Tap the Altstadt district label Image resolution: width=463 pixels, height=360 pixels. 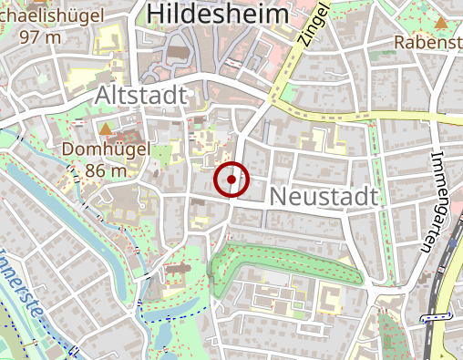[x=141, y=96]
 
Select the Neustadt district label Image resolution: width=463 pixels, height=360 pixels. [x=324, y=195]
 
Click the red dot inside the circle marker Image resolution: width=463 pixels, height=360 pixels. [x=232, y=180]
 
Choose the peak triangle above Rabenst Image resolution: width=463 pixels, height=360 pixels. [x=441, y=22]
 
